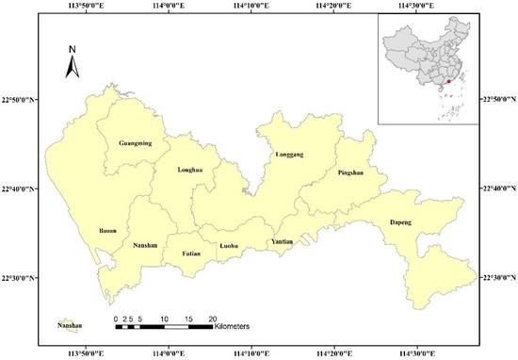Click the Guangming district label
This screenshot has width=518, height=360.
[136, 144]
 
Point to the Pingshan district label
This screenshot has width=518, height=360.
[349, 174]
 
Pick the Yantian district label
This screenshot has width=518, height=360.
[283, 242]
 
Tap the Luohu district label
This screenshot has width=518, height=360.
[230, 247]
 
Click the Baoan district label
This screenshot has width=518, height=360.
[107, 230]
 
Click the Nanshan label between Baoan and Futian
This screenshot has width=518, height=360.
[146, 246]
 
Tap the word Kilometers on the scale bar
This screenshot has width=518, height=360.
[235, 326]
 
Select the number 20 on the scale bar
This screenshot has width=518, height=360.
[213, 318]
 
